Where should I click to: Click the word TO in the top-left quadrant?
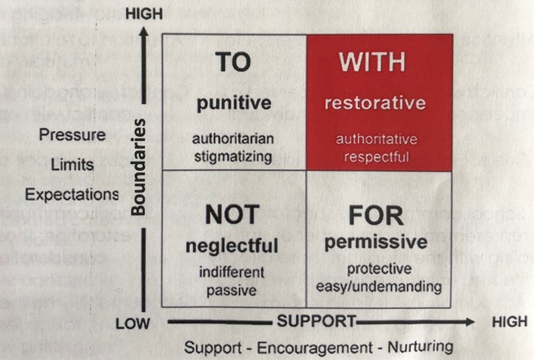(x=233, y=63)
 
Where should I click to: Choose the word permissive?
(x=375, y=243)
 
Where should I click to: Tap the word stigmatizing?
(x=233, y=157)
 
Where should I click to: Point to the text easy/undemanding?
(x=378, y=287)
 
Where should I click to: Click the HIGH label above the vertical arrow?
(x=143, y=13)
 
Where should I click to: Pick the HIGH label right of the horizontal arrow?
(x=508, y=322)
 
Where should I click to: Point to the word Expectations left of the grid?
(x=72, y=194)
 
